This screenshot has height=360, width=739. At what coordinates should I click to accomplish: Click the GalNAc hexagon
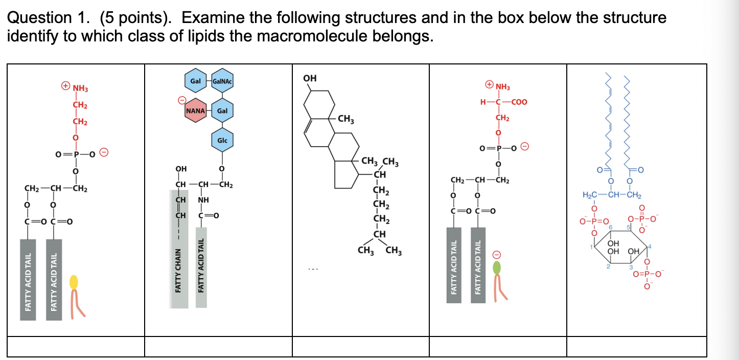pos(222,82)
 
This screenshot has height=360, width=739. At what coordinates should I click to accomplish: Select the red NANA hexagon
pos(196,111)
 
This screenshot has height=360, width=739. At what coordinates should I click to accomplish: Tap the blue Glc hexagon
pos(222,140)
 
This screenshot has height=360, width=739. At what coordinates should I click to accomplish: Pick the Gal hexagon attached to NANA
pos(222,111)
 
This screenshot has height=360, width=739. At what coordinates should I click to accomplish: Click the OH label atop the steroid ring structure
pos(310,78)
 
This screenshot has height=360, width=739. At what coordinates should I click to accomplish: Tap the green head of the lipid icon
pos(497,267)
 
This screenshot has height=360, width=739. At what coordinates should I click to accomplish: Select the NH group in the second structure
pos(204,199)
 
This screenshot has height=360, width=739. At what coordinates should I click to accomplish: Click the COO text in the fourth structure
pos(518,102)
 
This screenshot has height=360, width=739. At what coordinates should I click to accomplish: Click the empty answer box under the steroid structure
pos(360,346)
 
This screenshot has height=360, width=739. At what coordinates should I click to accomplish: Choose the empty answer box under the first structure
pos(76,346)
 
